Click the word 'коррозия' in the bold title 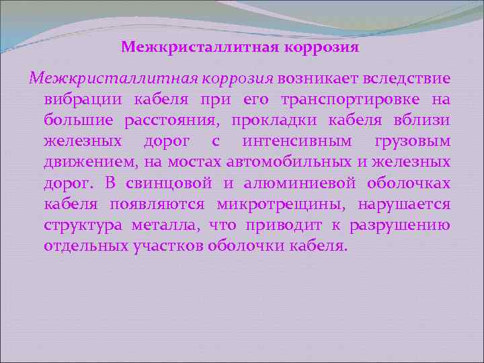point(323,48)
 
